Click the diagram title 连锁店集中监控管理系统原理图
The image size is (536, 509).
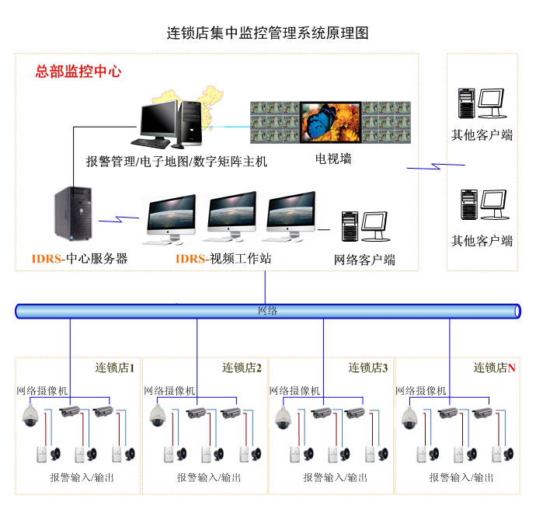pyautogui.click(x=267, y=33)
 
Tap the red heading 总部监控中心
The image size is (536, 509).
pyautogui.click(x=78, y=72)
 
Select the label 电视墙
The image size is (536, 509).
pyautogui.click(x=332, y=159)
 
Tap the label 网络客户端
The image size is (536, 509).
pyautogui.click(x=364, y=260)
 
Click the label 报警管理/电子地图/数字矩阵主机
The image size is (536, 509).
pyautogui.click(x=176, y=162)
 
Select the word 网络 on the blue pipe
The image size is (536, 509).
pyautogui.click(x=267, y=311)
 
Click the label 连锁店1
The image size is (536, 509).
pyautogui.click(x=115, y=368)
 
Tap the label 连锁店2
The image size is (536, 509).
pyautogui.click(x=242, y=368)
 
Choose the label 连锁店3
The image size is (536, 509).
pyautogui.click(x=368, y=368)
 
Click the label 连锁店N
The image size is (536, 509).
pyautogui.click(x=495, y=368)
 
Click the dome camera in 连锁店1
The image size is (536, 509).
pyautogui.click(x=32, y=416)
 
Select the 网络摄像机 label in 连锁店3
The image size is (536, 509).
pyautogui.click(x=294, y=391)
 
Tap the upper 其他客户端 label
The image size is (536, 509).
pyautogui.click(x=482, y=134)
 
